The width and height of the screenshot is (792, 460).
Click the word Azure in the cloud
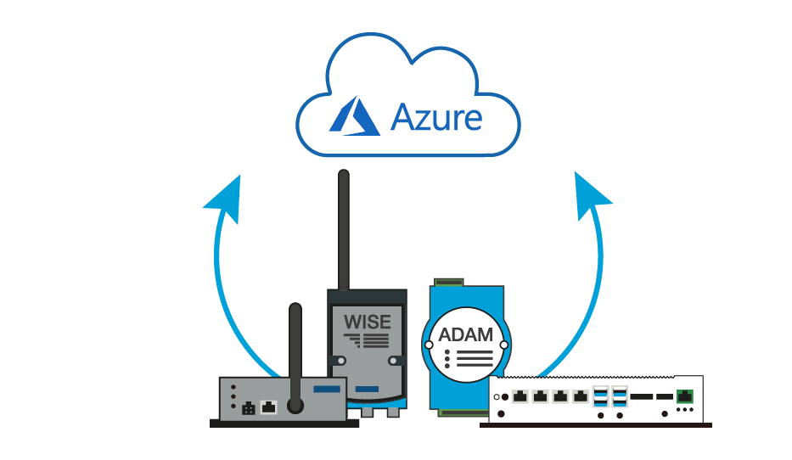[x=436, y=118]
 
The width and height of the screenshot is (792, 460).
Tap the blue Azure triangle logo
[x=354, y=116]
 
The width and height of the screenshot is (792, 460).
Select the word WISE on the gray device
[x=368, y=323]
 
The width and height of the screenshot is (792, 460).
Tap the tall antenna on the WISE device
[x=344, y=229]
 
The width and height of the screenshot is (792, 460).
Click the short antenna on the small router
[x=295, y=348]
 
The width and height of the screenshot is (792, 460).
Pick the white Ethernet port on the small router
[x=269, y=407]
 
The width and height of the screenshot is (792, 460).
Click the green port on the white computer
[x=684, y=395]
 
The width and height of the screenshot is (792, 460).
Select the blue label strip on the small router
[x=327, y=389]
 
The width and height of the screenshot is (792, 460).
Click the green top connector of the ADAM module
[x=448, y=280]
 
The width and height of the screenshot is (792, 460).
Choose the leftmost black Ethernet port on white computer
[x=520, y=396]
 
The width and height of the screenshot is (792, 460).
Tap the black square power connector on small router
[x=248, y=408]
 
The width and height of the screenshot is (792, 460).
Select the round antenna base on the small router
[x=295, y=406]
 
